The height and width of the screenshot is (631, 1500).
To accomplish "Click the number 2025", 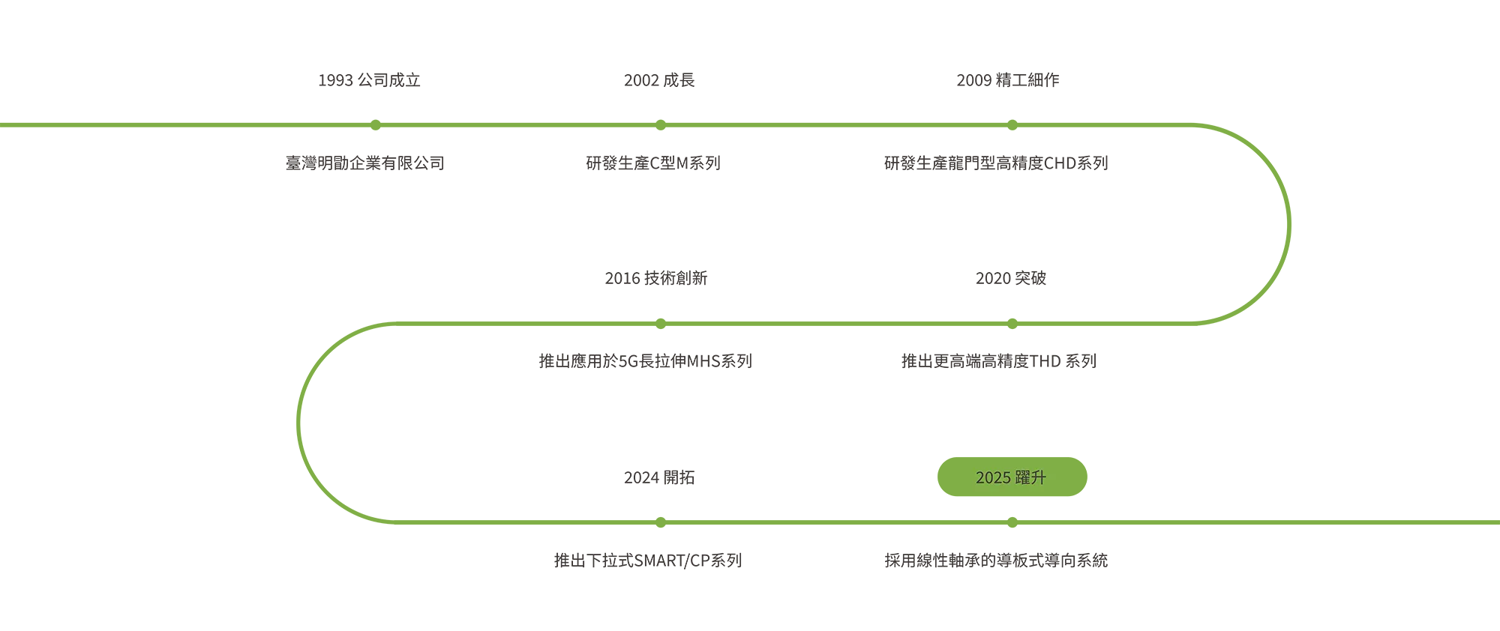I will (993, 477).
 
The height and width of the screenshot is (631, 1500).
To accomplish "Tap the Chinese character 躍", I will (1021, 477).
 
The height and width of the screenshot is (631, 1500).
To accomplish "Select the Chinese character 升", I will (1038, 477).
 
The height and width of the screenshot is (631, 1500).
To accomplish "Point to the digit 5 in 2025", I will (1006, 477).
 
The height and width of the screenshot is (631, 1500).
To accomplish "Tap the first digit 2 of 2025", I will (979, 477).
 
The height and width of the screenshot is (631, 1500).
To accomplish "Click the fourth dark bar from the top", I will (1016, 360).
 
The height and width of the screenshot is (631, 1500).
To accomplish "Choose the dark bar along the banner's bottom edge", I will (1025, 561).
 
